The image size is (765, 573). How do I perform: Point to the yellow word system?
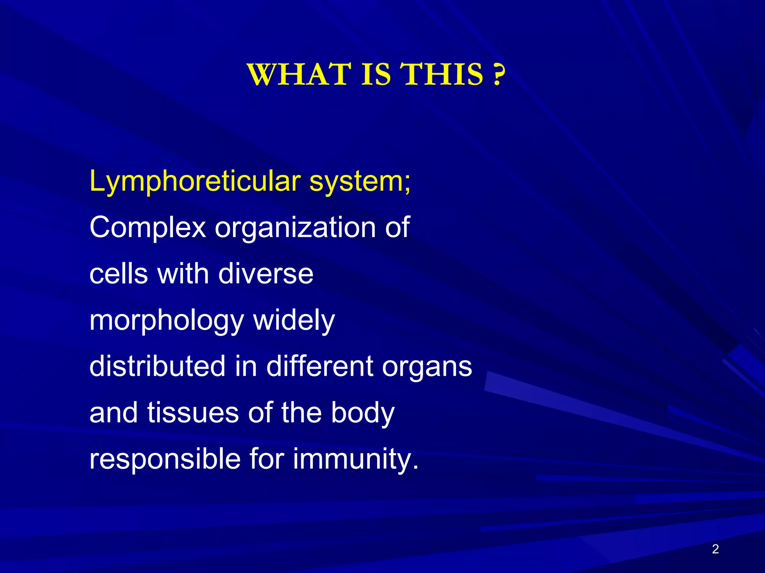360,182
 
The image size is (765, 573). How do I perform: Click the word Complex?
148,228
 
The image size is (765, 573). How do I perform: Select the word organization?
295,228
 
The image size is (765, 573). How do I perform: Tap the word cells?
119,274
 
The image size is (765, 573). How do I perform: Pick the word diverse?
266,274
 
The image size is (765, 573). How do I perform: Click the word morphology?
167,321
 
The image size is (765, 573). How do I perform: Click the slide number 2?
715,549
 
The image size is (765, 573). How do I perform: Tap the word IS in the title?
376,74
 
